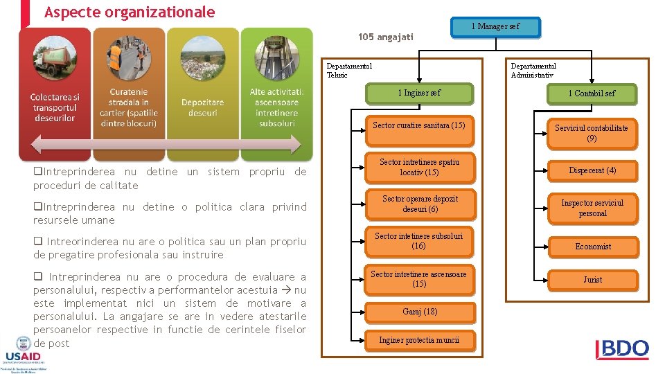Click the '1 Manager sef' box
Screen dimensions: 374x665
(495, 27)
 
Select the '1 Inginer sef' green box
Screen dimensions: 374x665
(418, 93)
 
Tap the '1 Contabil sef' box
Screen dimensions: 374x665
(592, 93)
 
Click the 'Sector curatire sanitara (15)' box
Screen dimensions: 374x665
(418, 126)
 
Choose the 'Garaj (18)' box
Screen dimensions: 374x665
(420, 312)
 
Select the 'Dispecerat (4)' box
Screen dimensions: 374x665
(592, 170)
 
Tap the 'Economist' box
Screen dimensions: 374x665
(593, 247)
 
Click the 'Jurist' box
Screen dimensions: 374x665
(592, 280)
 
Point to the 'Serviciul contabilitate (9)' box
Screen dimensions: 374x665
(592, 133)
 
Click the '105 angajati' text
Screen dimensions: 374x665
(385, 37)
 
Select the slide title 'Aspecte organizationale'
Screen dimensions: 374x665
(130, 12)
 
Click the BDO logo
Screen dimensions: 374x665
(622, 349)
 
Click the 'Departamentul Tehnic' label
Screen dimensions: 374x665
(349, 71)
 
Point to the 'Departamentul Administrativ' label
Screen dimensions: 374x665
(533, 71)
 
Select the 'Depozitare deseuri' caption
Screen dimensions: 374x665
(202, 107)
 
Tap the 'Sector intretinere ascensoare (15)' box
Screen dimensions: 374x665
(418, 279)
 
